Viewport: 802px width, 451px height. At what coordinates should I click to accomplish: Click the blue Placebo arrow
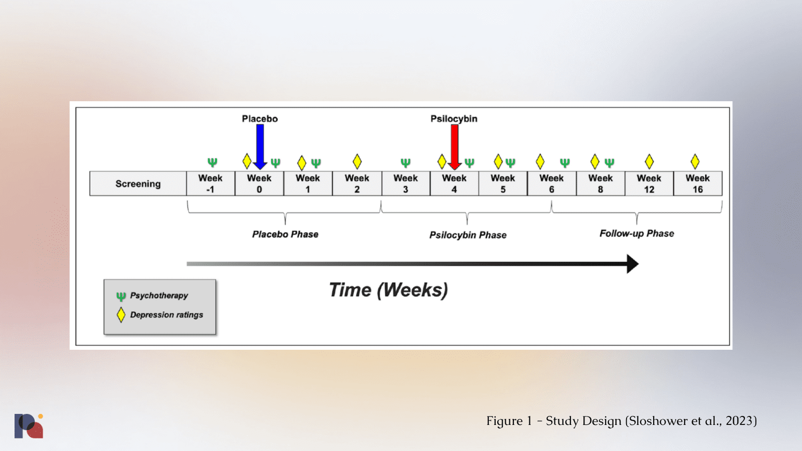point(260,145)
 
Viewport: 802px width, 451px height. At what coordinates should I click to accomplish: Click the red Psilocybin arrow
point(455,145)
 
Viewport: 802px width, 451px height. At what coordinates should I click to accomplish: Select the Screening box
point(138,184)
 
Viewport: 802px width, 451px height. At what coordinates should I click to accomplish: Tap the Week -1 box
point(211,184)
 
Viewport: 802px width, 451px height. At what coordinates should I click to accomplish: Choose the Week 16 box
point(698,184)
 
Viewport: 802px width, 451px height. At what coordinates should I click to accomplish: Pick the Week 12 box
point(649,184)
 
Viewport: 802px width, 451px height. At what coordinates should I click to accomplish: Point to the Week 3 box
point(406,184)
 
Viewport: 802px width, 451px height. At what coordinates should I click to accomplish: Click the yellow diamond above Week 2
point(357,161)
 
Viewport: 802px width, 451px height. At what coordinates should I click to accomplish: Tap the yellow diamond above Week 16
point(695,161)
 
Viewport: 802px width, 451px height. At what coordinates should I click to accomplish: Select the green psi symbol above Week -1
point(213,162)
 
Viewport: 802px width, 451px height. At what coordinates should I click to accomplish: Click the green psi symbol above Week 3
point(406,162)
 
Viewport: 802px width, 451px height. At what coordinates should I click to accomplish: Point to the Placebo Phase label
point(285,235)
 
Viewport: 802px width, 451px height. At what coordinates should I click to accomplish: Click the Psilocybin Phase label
point(468,235)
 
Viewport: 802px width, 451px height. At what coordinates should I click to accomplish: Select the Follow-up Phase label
point(637,234)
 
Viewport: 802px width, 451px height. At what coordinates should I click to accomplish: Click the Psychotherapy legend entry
point(158,296)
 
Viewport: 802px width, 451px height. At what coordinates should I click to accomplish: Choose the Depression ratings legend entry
point(166,315)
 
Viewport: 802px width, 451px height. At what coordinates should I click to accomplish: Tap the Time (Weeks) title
point(388,290)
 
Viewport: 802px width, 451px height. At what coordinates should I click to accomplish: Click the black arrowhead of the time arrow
point(633,264)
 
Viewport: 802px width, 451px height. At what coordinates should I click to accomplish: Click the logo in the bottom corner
point(29,426)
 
